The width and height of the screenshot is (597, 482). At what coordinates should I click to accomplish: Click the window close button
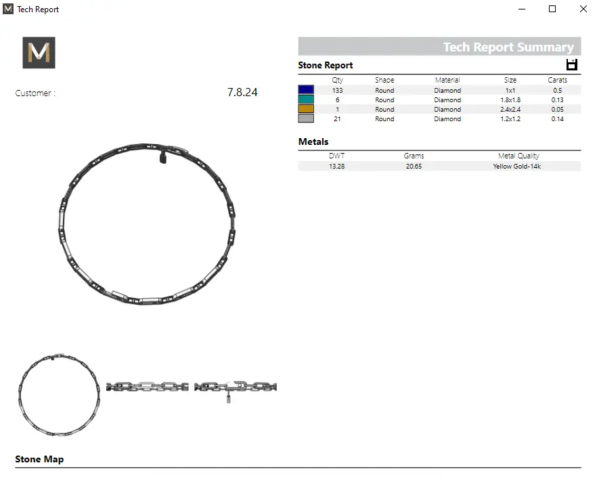583,9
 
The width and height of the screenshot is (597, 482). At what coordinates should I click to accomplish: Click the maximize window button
552,9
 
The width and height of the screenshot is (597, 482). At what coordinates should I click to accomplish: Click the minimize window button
522,9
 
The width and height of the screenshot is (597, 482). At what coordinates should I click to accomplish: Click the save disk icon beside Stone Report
571,65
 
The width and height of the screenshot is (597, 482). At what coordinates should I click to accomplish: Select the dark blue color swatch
306,90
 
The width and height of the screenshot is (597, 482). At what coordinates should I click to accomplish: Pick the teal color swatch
306,100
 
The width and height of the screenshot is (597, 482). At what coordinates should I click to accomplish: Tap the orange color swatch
306,109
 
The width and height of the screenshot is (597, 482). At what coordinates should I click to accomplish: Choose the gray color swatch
306,118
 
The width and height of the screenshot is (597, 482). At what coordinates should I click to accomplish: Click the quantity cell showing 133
337,90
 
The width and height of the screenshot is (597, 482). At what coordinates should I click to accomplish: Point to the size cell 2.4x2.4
510,109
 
